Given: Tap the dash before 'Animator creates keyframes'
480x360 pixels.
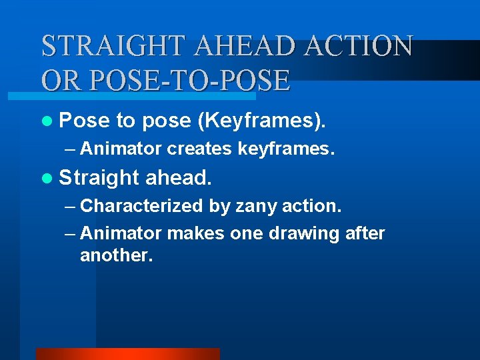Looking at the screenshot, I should (x=71, y=149).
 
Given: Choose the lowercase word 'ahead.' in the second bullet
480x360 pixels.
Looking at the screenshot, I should (x=179, y=178).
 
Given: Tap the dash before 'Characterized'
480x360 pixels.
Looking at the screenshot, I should (x=71, y=206).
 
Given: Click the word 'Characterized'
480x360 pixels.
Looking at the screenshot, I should (x=141, y=206).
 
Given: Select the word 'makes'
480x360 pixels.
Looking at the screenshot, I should (x=195, y=234).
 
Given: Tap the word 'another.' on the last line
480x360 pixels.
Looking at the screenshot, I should (x=117, y=255).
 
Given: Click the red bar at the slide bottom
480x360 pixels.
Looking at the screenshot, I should (x=127, y=354).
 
